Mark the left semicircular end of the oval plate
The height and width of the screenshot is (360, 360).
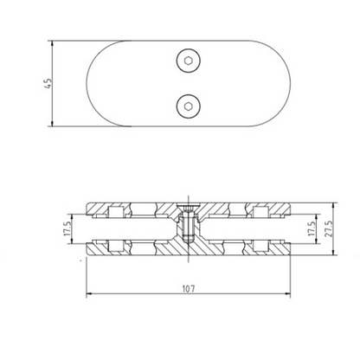click(x=108, y=83)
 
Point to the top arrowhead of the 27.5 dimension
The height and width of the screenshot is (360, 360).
click(x=337, y=206)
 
